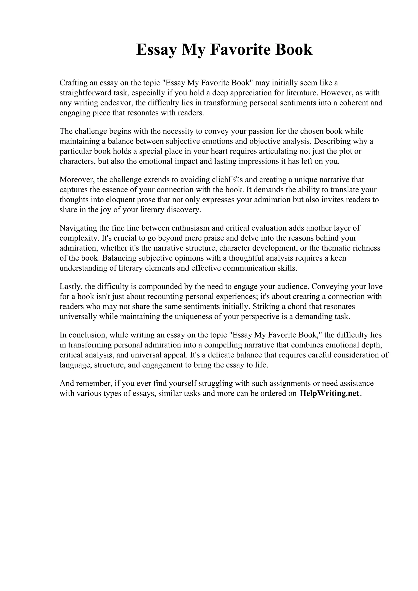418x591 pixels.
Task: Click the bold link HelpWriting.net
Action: [x=329, y=393]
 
